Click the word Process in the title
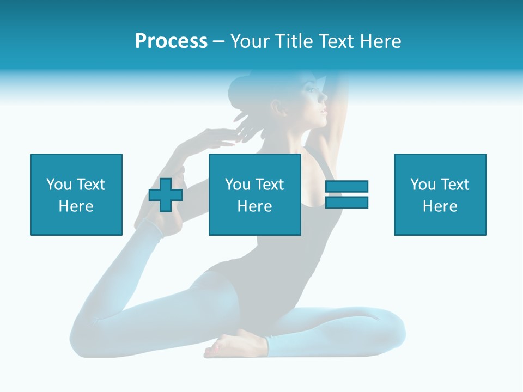click(x=171, y=41)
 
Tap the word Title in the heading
click(x=295, y=41)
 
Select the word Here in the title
click(x=380, y=41)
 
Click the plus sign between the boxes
click(x=166, y=195)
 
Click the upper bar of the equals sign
click(x=346, y=187)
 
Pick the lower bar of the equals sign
click(x=346, y=203)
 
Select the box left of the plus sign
click(x=76, y=194)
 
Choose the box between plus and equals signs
click(x=254, y=194)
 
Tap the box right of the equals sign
click(x=440, y=194)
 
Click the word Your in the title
click(x=250, y=41)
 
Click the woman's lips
click(x=324, y=111)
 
